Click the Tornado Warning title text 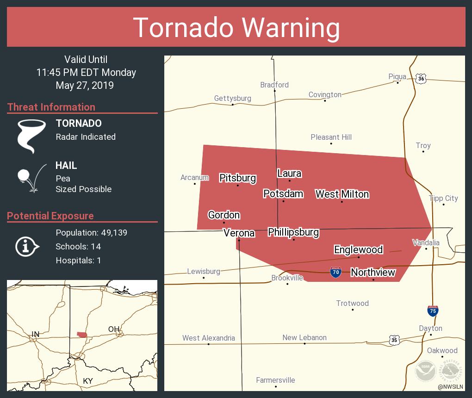[236, 27]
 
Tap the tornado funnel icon [31, 136]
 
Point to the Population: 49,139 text [91, 233]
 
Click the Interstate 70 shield [336, 272]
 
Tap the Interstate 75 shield [433, 311]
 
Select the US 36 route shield [420, 78]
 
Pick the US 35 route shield [394, 340]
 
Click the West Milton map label [342, 194]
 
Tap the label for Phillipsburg [293, 232]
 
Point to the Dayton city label [430, 328]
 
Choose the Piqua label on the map [397, 76]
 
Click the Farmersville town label [275, 380]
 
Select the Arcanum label [194, 177]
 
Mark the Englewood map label [358, 249]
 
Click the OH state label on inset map [113, 329]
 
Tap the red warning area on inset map [82, 335]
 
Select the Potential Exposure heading [50, 216]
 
